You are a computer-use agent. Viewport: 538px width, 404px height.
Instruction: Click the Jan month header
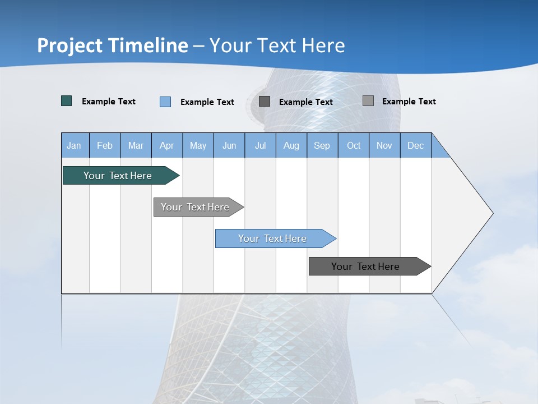click(x=74, y=145)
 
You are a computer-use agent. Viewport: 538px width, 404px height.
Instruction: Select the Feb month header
click(x=105, y=145)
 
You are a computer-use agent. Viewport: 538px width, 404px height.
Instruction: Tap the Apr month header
click(x=166, y=145)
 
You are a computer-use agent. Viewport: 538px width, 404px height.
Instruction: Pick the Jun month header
click(x=229, y=145)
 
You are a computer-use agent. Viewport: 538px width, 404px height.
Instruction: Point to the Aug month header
click(x=291, y=145)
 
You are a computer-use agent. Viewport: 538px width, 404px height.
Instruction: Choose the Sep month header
click(x=322, y=145)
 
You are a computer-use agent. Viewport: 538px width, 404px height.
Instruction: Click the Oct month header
click(x=354, y=145)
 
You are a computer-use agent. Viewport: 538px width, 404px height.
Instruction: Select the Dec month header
click(x=415, y=145)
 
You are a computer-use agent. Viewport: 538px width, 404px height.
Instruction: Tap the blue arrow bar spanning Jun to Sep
click(x=273, y=238)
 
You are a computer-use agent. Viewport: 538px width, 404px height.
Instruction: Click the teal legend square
click(x=67, y=101)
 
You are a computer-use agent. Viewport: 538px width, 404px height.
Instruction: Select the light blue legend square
click(x=165, y=102)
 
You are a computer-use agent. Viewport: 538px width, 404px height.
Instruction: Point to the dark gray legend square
click(x=265, y=101)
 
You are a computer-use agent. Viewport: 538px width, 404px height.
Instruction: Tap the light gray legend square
click(x=368, y=101)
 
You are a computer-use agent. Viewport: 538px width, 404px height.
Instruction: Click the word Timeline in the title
click(x=147, y=45)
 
